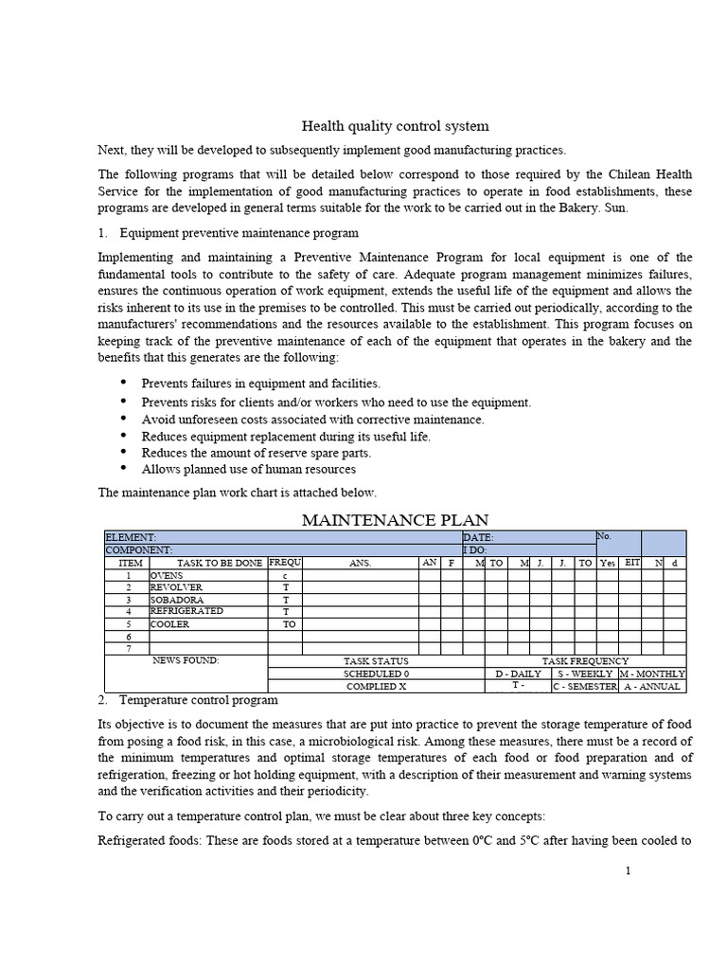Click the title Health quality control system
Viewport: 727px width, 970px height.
coord(395,126)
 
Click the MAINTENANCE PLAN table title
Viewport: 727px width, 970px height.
coord(395,519)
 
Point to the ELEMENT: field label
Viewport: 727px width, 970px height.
coord(132,537)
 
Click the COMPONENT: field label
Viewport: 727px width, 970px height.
coord(139,549)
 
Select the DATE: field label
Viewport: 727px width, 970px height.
coord(478,537)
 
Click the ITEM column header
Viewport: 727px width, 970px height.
coord(131,563)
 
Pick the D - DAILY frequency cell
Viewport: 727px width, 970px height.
coord(518,674)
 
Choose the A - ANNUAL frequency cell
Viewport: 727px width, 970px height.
coord(652,686)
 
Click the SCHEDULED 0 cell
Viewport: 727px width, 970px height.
coord(376,674)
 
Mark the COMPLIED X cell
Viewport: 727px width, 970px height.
coord(376,686)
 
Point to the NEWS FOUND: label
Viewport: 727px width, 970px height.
coord(186,660)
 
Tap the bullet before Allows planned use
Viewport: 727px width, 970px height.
coord(124,468)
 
